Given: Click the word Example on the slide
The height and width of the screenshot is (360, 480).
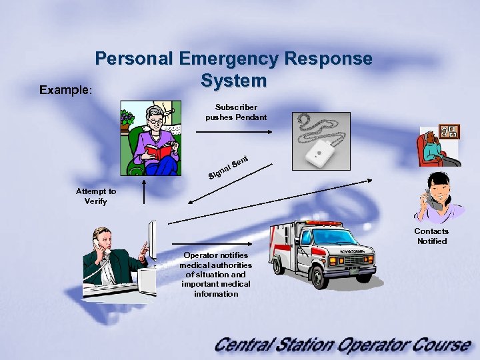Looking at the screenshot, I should pyautogui.click(x=64, y=89).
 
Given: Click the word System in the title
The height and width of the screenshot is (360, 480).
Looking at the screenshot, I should pyautogui.click(x=233, y=81).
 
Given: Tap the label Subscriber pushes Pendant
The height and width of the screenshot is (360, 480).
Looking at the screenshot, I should pyautogui.click(x=236, y=112).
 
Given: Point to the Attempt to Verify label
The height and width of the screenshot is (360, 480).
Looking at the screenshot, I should pyautogui.click(x=95, y=196).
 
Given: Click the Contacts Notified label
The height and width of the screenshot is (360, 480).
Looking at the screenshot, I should pyautogui.click(x=431, y=236).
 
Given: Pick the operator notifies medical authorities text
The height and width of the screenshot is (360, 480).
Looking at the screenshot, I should pyautogui.click(x=216, y=275).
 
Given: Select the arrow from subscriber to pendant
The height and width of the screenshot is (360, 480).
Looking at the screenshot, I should pyautogui.click(x=233, y=132).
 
